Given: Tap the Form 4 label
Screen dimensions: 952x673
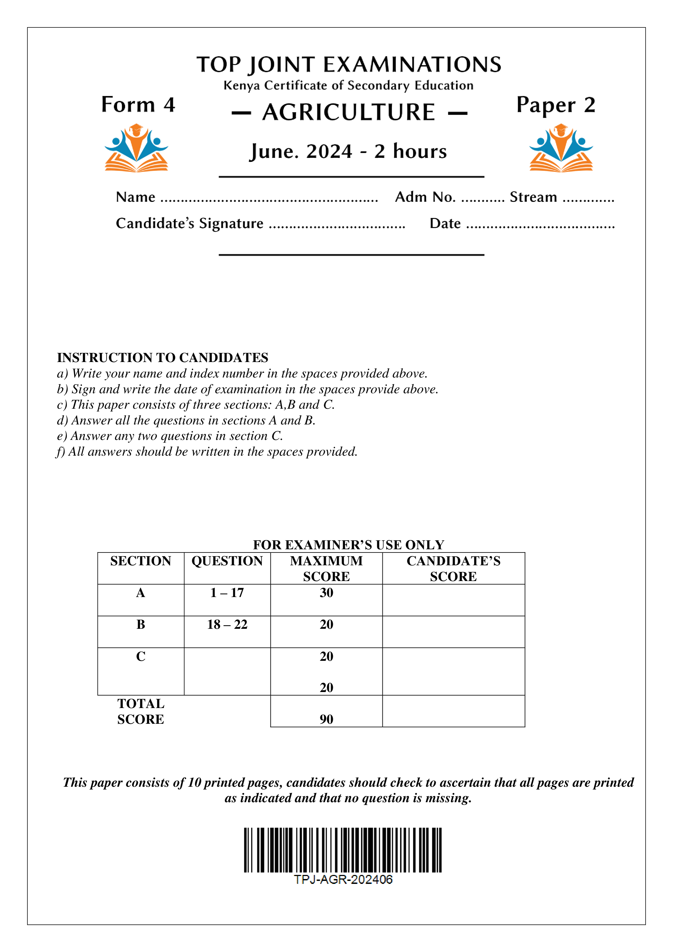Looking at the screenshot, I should click(138, 104).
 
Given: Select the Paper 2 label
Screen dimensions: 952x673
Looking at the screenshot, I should click(556, 105).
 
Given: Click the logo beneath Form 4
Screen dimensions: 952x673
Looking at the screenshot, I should click(136, 148).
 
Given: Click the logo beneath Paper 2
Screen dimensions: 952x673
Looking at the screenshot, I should click(561, 148).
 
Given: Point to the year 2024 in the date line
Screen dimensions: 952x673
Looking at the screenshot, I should click(329, 151).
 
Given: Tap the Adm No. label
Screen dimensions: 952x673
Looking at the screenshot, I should click(425, 197).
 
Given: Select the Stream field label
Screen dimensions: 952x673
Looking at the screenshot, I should click(533, 197).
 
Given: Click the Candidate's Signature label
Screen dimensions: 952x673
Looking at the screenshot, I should click(189, 224).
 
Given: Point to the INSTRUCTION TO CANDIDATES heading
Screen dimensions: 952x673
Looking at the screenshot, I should click(163, 357).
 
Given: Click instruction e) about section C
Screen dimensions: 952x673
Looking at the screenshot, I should click(170, 436).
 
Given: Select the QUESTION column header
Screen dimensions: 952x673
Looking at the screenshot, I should click(227, 561).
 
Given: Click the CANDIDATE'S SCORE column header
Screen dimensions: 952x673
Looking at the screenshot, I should click(453, 569).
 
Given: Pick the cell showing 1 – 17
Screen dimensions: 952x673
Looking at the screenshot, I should click(227, 593).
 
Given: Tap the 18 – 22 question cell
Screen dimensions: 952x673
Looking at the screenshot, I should click(227, 624).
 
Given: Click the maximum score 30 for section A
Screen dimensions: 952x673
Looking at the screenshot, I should click(326, 593).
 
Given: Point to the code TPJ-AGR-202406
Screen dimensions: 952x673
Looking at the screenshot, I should click(343, 880).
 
